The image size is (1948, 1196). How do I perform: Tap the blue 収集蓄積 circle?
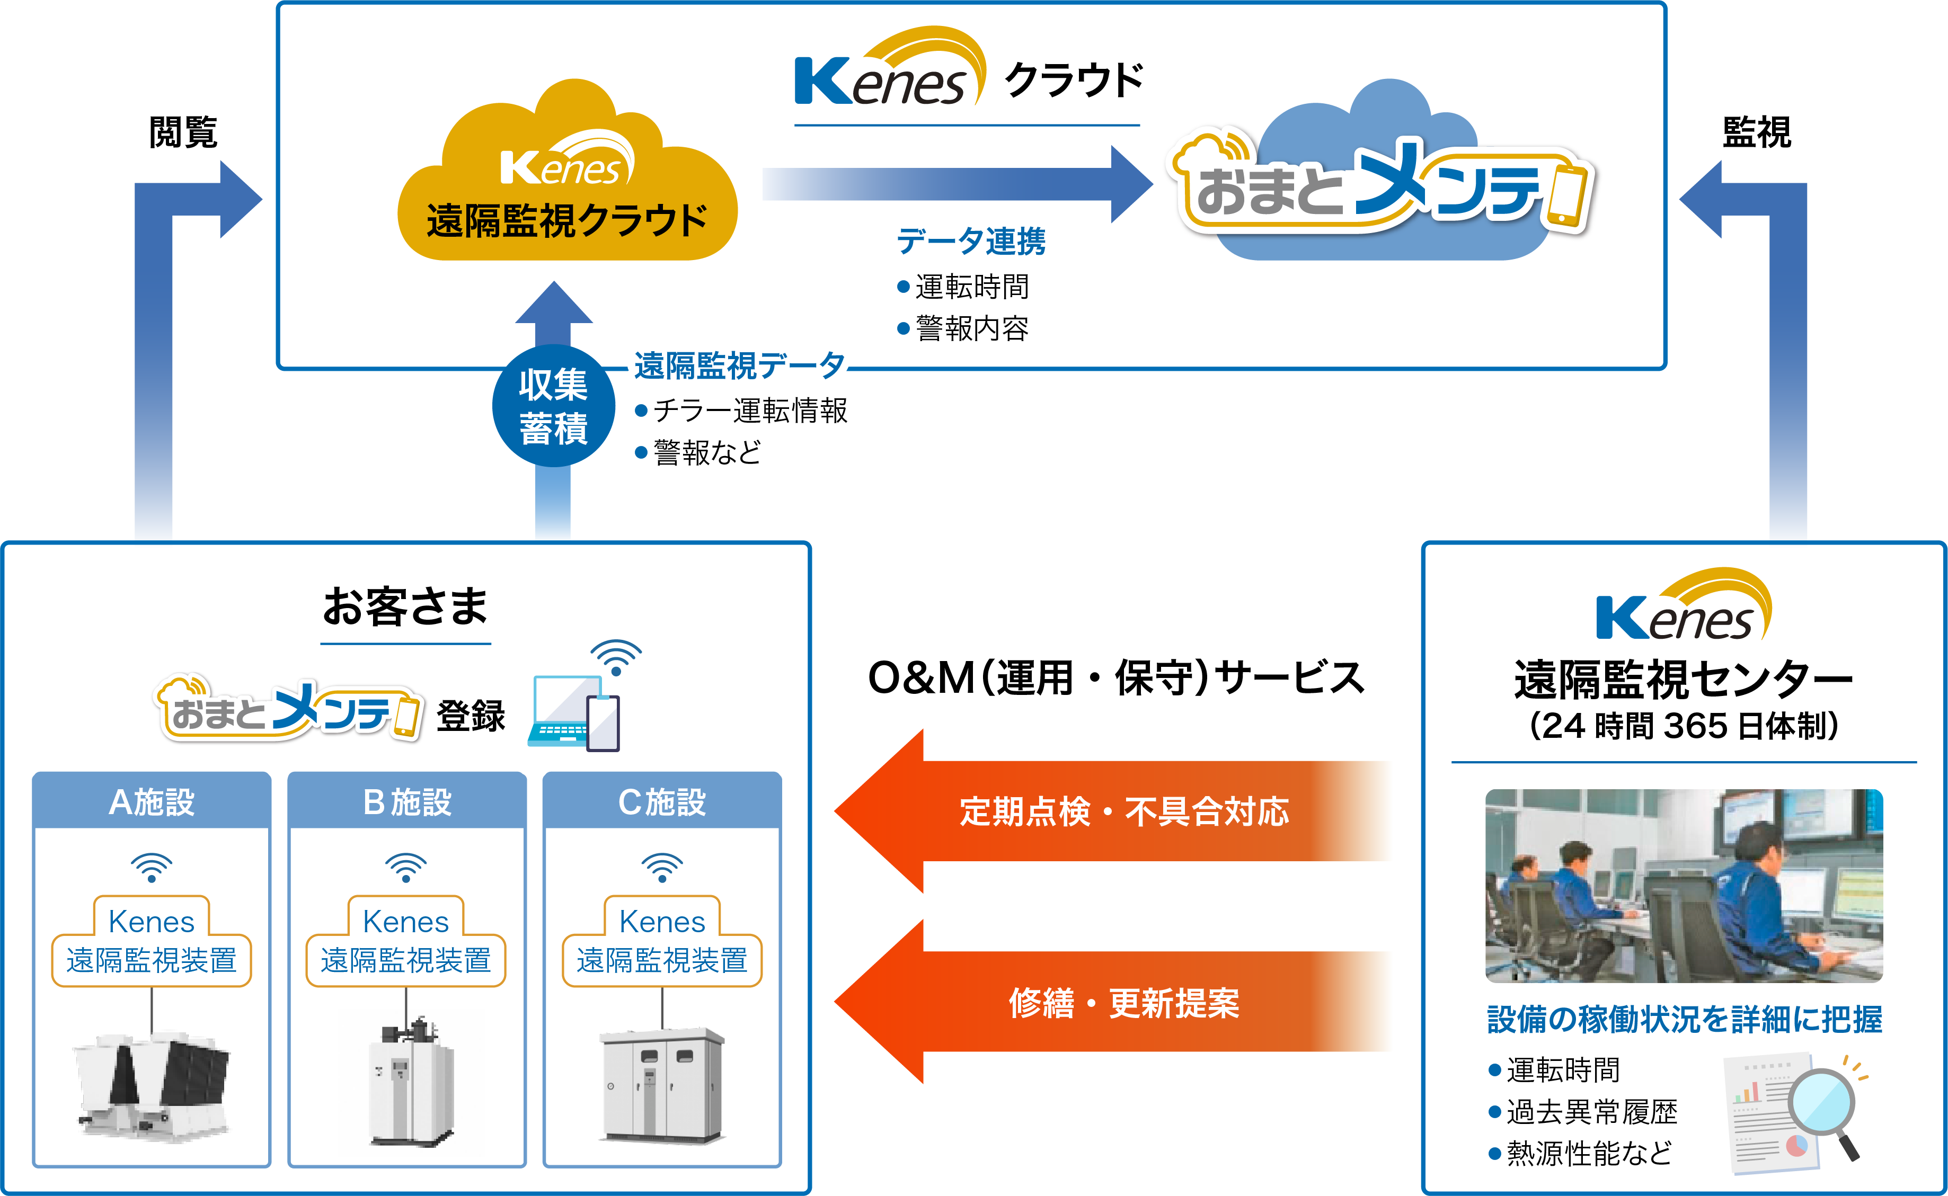(x=553, y=406)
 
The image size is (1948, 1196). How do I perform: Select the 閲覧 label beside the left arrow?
(x=183, y=131)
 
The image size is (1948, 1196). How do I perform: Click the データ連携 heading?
(x=970, y=241)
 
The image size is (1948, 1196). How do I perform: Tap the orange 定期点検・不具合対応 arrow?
(x=1123, y=811)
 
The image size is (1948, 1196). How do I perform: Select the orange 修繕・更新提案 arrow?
(x=1123, y=1002)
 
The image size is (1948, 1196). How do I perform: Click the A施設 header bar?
(x=151, y=801)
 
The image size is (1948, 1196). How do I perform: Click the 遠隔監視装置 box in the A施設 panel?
(x=151, y=959)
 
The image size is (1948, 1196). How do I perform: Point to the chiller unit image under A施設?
(x=151, y=1084)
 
